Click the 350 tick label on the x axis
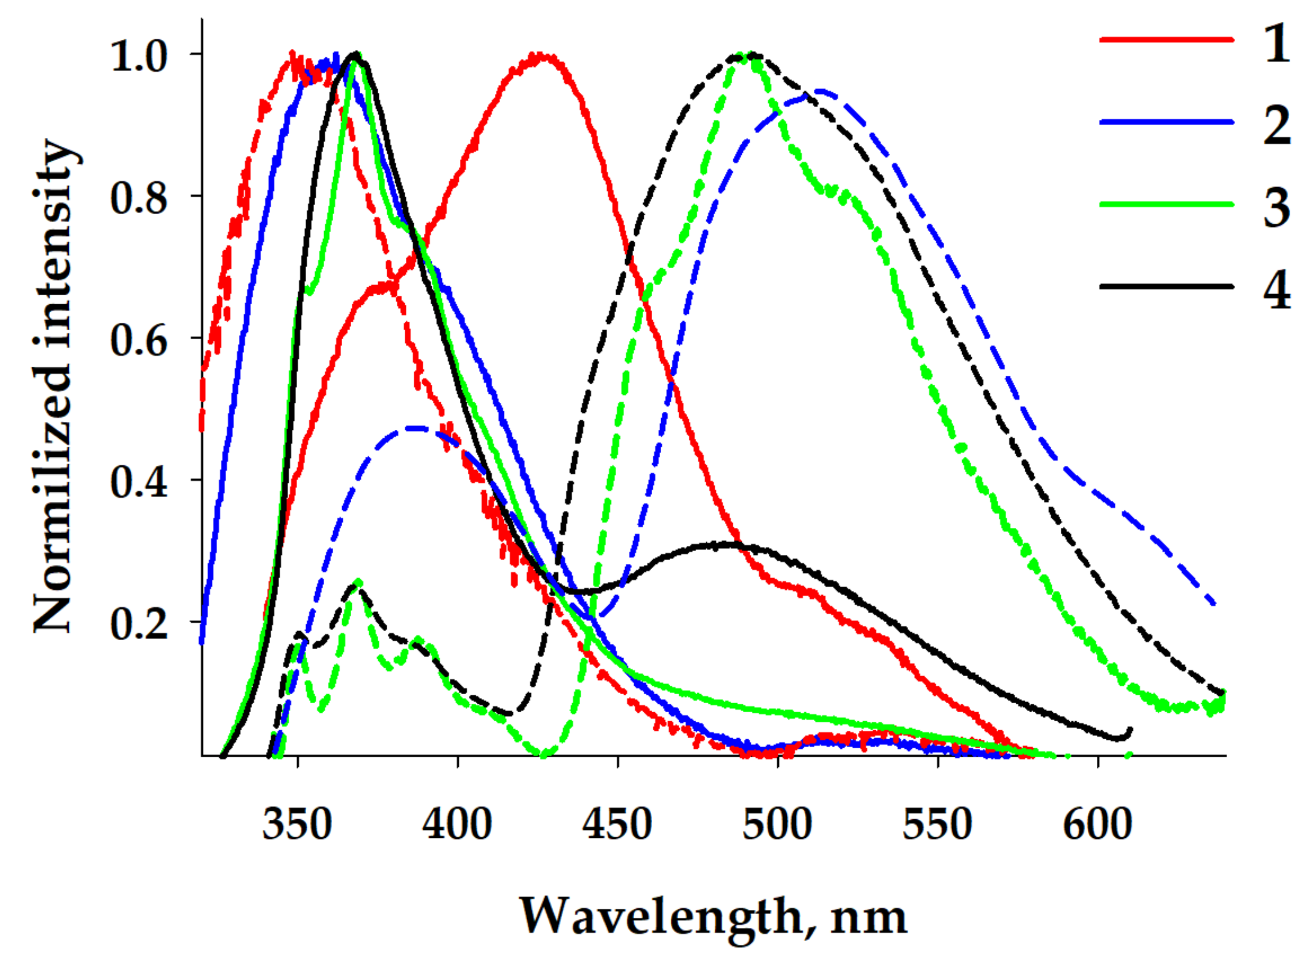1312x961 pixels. pos(297,825)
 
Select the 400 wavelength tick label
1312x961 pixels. pos(457,825)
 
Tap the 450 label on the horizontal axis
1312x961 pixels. pos(617,825)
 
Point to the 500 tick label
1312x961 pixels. pos(777,825)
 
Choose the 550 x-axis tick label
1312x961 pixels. pos(937,825)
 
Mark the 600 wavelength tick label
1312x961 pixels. pos(1097,825)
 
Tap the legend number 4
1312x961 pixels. pos(1276,290)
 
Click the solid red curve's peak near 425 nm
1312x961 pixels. pos(541,57)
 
